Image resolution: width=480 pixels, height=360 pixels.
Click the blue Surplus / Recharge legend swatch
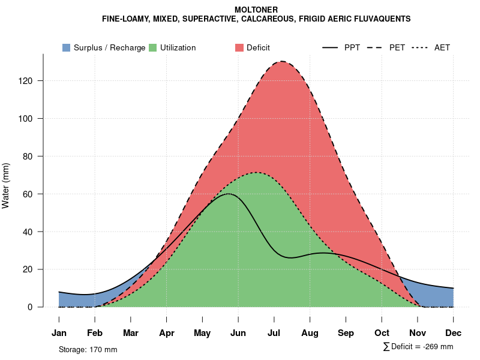point(67,47)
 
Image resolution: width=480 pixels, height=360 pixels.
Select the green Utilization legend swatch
point(153,47)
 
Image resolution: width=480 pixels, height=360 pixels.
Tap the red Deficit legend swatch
point(239,47)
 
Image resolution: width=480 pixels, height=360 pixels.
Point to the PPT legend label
point(352,47)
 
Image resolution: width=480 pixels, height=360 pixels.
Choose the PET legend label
point(397,47)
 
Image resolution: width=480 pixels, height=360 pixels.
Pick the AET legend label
point(442,47)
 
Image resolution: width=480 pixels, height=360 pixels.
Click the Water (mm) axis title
point(6,185)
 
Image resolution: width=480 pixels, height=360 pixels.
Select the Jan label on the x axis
point(59,333)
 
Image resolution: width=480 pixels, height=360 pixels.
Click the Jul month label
point(274,333)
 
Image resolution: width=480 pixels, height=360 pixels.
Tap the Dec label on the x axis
point(454,333)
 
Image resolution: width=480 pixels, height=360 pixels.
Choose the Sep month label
point(346,333)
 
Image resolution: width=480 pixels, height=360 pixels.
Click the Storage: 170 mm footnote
point(88,349)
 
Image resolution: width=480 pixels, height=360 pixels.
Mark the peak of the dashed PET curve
point(281,61)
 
